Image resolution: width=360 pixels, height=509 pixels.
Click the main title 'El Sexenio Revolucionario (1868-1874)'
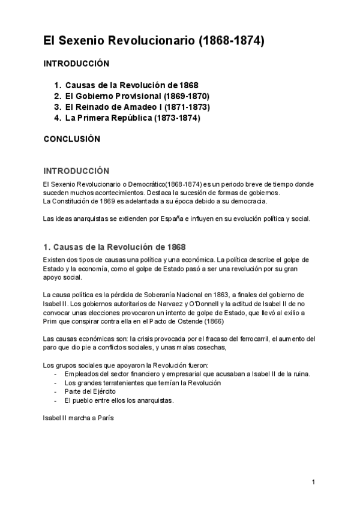[x=154, y=41]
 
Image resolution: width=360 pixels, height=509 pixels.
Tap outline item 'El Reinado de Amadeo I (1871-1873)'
[x=137, y=107]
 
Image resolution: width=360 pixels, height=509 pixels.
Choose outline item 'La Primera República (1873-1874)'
[x=132, y=118]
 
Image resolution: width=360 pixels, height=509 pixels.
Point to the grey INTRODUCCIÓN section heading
[x=76, y=170]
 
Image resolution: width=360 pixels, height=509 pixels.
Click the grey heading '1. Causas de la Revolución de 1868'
[x=115, y=247]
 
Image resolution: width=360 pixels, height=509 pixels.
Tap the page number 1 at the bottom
[x=313, y=482]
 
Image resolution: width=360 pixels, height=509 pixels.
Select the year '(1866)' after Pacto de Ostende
[x=209, y=321]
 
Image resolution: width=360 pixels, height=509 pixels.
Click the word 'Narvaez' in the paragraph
[x=161, y=304]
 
